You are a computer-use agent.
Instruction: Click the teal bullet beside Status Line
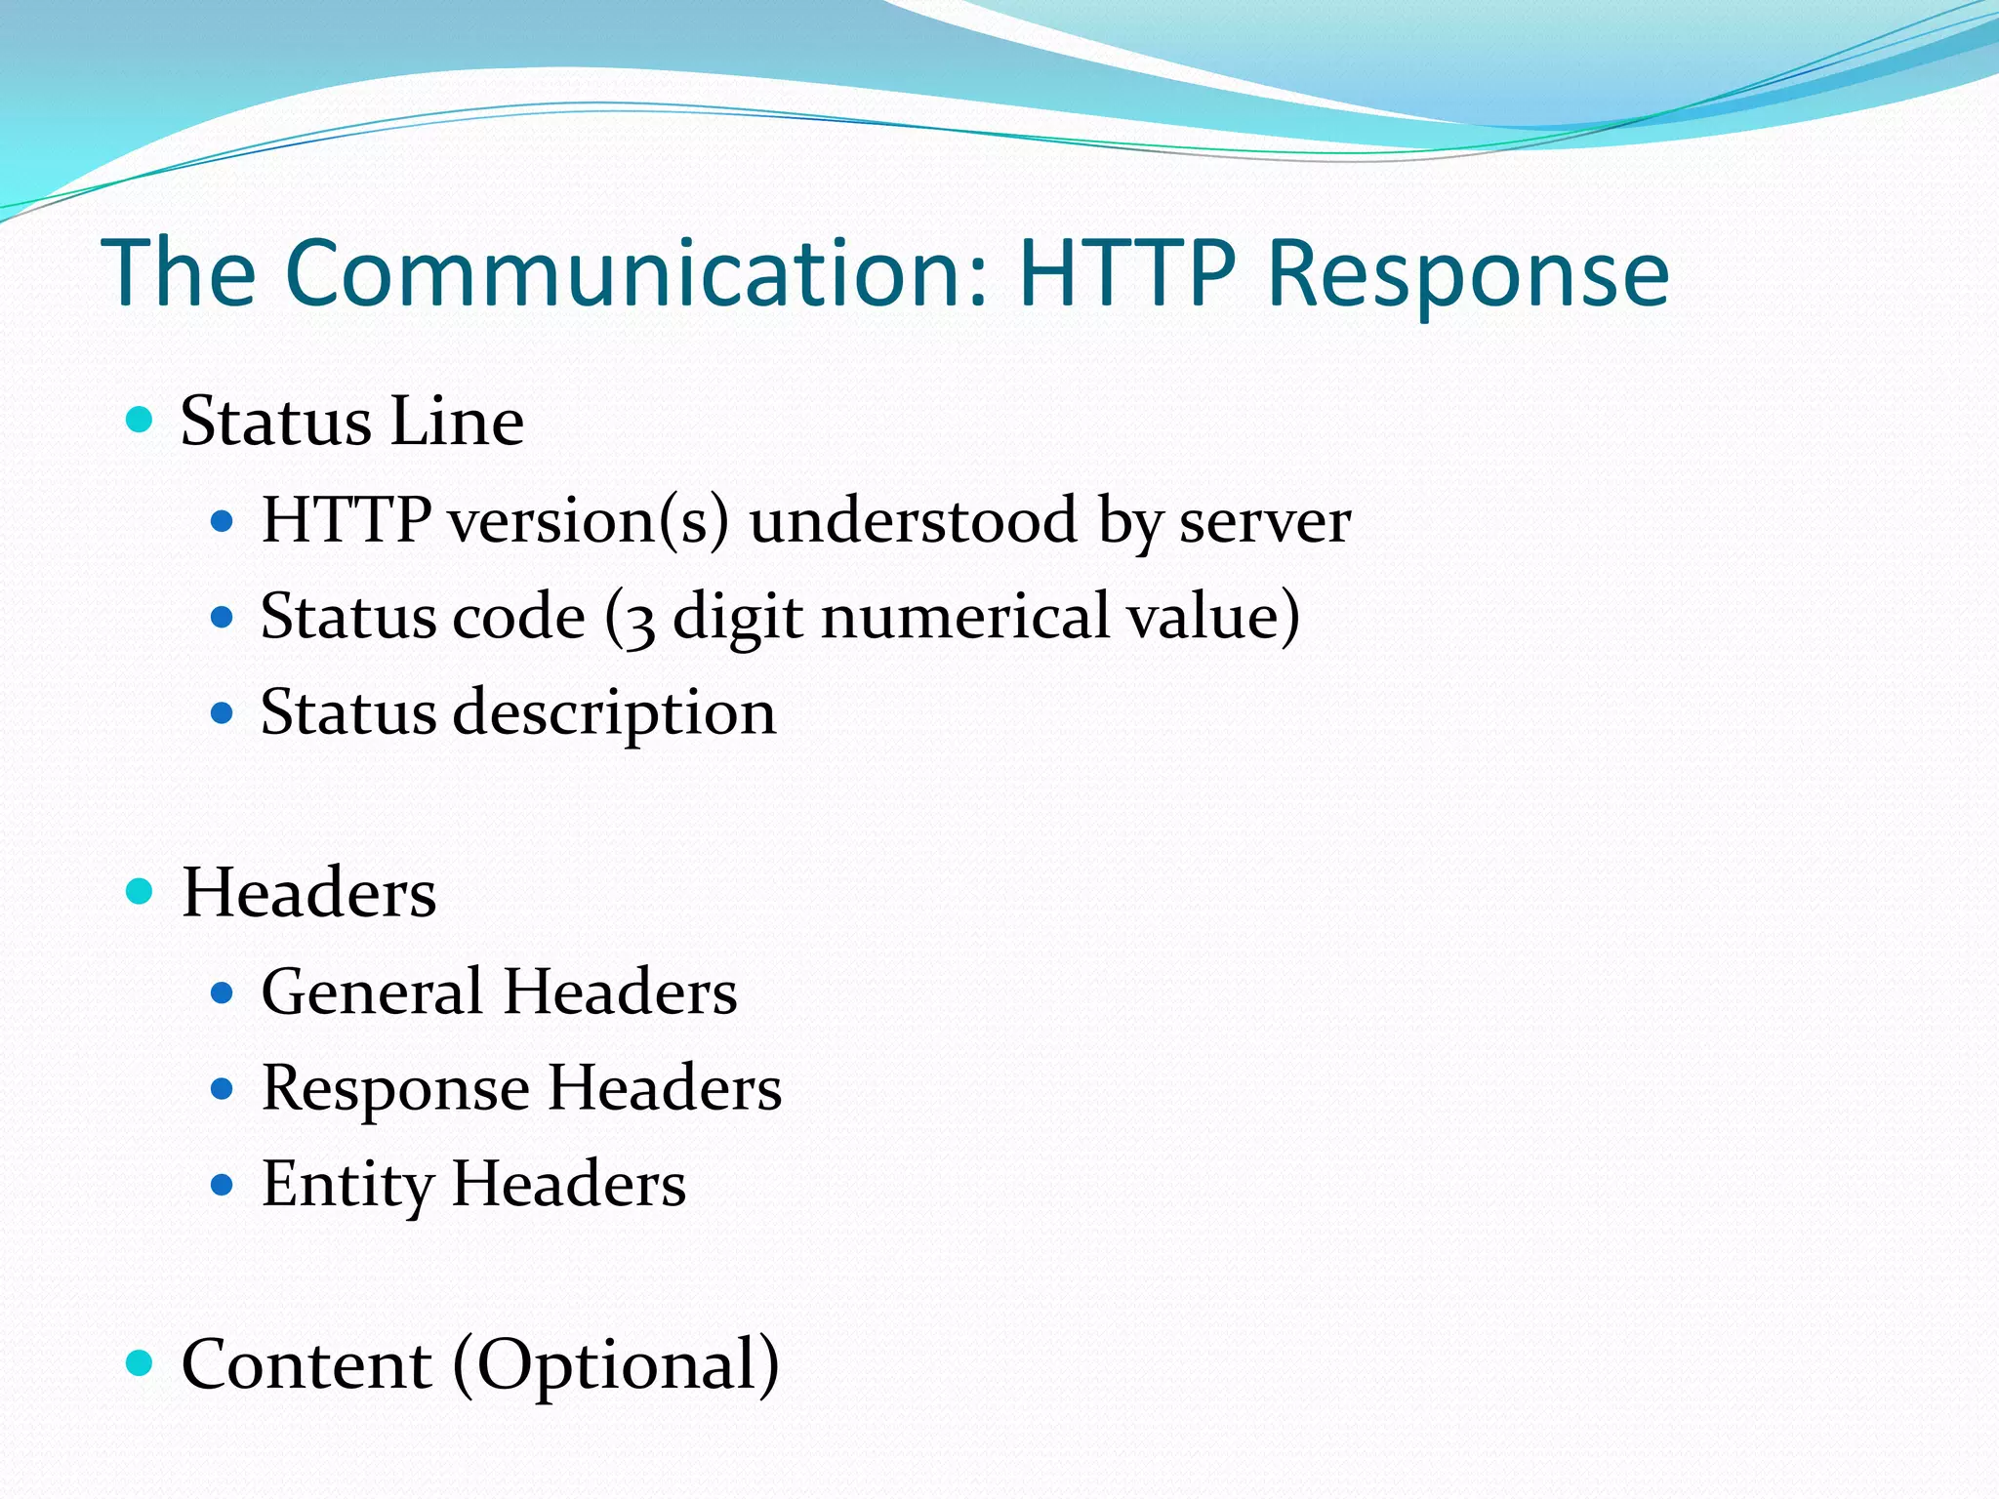tap(141, 421)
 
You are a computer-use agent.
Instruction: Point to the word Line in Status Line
tap(457, 422)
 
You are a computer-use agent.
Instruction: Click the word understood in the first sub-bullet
tap(913, 520)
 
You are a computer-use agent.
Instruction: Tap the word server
tap(1265, 520)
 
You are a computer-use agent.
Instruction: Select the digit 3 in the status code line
tap(639, 621)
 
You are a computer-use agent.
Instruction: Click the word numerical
tap(965, 617)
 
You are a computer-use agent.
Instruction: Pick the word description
tap(615, 712)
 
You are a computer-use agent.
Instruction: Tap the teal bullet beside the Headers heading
tap(141, 892)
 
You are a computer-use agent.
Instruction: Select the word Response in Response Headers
tap(395, 1088)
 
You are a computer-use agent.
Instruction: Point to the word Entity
tap(347, 1184)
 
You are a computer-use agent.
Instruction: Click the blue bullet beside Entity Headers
tap(223, 1185)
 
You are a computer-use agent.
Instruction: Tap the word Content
tap(306, 1363)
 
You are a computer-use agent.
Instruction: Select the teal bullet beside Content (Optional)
tap(141, 1363)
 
